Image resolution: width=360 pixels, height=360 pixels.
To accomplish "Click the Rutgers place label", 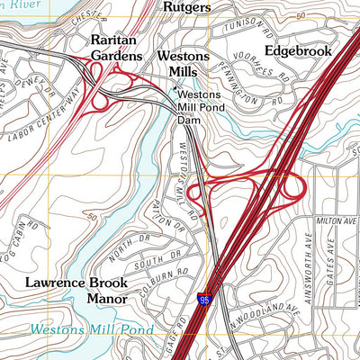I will pyautogui.click(x=186, y=7).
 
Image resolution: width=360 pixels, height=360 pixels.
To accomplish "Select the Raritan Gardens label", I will pyautogui.click(x=116, y=49).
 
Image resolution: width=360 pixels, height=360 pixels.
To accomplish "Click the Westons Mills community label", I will pyautogui.click(x=183, y=63).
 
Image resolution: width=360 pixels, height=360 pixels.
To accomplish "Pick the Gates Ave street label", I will pyautogui.click(x=343, y=254).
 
